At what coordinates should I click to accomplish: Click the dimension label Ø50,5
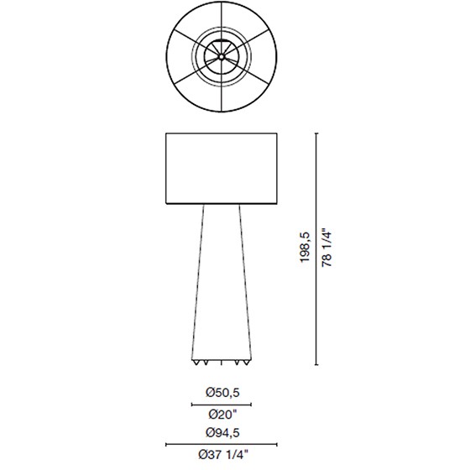[x=222, y=393]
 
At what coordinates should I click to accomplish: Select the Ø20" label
[x=222, y=415]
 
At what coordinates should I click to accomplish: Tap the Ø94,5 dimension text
[x=222, y=432]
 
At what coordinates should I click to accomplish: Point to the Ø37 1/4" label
[x=223, y=455]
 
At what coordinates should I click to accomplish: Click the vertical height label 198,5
[x=305, y=248]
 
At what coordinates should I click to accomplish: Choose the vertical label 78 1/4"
[x=326, y=248]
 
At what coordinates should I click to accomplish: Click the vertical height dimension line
[x=316, y=248]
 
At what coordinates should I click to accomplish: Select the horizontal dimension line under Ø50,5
[x=222, y=405]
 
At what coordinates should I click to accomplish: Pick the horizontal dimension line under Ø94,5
[x=222, y=445]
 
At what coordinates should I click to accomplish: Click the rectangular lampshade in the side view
[x=222, y=169]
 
